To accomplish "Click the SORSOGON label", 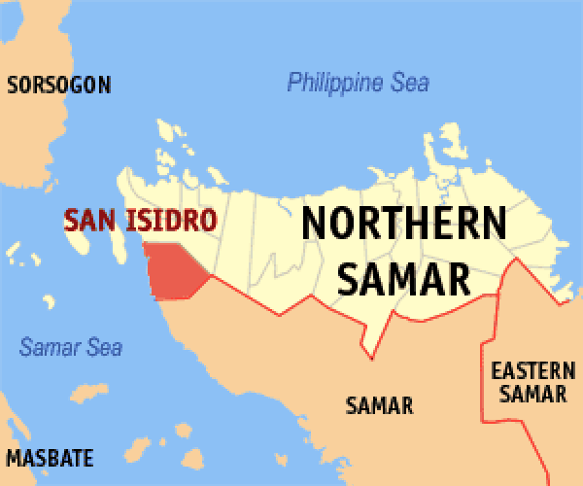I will tap(59, 85).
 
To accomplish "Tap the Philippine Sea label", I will tap(358, 83).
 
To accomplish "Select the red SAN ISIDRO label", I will tap(139, 220).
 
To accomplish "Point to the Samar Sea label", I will tap(71, 346).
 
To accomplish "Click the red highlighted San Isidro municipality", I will tap(173, 271).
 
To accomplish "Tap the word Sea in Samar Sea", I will tap(105, 346).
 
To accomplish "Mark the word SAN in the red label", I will tap(84, 220).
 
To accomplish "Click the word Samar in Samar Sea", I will tap(51, 346).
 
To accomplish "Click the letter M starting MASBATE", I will tap(14, 457).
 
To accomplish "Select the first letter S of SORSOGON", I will tap(12, 85).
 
